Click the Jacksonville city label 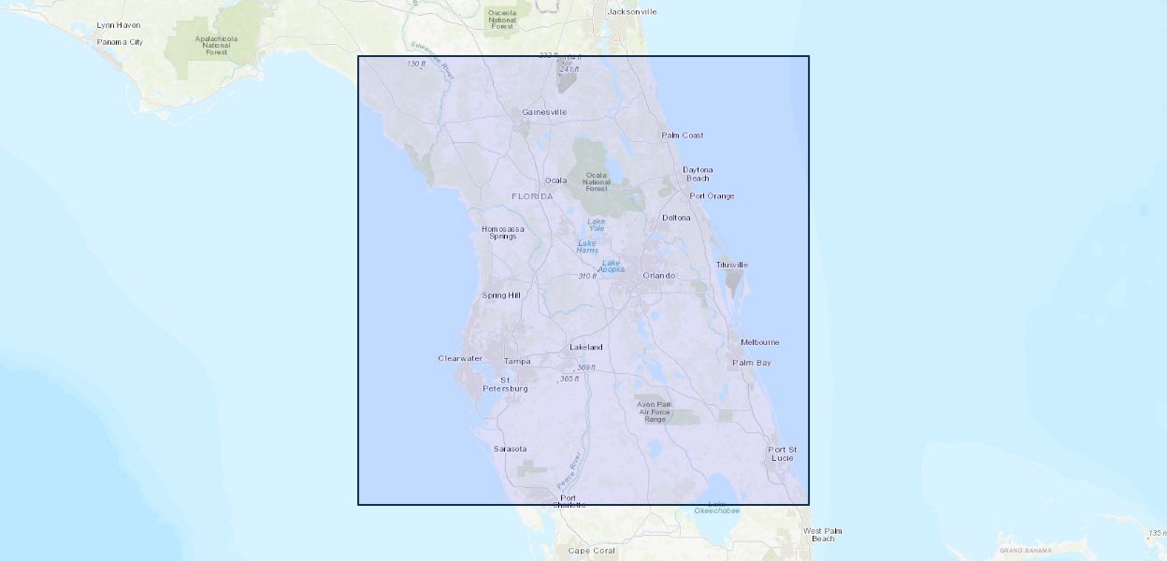(x=632, y=12)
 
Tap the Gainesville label (x=544, y=112)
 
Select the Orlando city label (x=658, y=276)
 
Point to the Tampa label (x=517, y=361)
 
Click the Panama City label (x=121, y=42)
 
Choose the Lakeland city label (x=586, y=348)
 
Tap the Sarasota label (x=510, y=449)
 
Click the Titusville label (x=731, y=265)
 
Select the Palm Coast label (x=683, y=136)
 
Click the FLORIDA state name (x=532, y=196)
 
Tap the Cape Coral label (x=592, y=551)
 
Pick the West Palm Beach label (x=823, y=535)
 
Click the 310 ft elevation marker (x=587, y=276)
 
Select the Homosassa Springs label (x=502, y=233)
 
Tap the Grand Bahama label (x=1025, y=551)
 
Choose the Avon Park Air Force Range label (x=655, y=411)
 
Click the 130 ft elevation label (x=416, y=64)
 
